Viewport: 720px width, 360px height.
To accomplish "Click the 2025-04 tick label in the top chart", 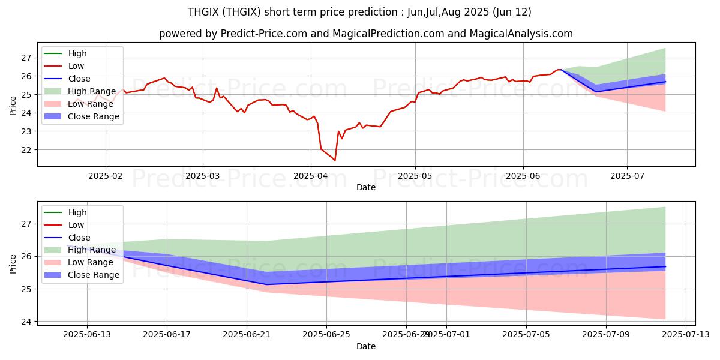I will coord(311,175).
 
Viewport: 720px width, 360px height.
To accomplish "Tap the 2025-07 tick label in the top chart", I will coord(627,175).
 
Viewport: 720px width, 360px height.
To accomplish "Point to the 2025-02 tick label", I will coord(106,175).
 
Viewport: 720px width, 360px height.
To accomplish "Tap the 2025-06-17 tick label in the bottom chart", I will coord(167,334).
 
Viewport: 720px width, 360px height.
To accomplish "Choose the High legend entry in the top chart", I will coord(77,53).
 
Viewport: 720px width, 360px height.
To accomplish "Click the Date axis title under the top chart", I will coord(366,187).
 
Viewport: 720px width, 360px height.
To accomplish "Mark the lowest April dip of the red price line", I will coord(335,160).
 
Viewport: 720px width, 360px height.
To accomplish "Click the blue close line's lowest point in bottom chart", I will coord(266,284).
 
